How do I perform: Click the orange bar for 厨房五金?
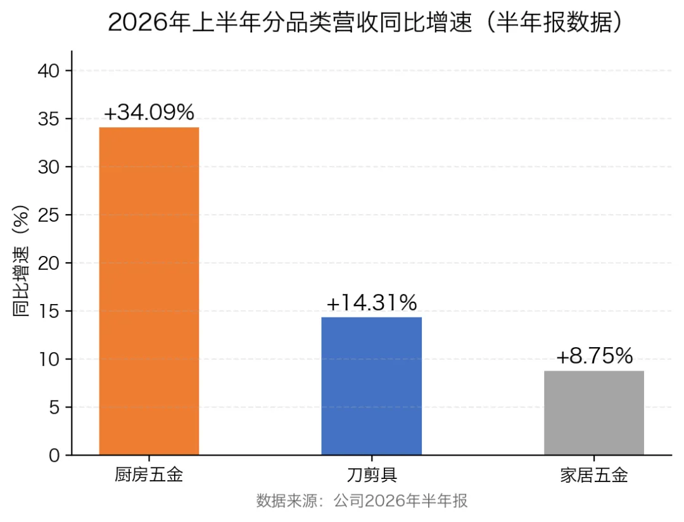[x=149, y=291]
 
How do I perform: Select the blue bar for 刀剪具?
[x=372, y=386]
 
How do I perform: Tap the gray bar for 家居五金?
[x=594, y=413]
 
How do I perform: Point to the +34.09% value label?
[x=149, y=112]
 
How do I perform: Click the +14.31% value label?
[x=372, y=302]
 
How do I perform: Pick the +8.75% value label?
[x=594, y=356]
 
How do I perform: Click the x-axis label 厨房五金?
[x=149, y=475]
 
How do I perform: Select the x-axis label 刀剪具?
[x=372, y=475]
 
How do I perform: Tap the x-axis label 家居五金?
[x=594, y=475]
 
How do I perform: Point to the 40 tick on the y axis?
[x=48, y=71]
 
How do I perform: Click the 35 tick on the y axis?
[x=48, y=118]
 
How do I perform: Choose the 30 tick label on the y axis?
[x=48, y=167]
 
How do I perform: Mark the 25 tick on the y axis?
[x=48, y=215]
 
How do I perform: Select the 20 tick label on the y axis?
[x=48, y=263]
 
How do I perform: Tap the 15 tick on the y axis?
[x=48, y=311]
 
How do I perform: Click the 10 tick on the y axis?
[x=48, y=359]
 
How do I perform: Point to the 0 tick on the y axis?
[x=54, y=455]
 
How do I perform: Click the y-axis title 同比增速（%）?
[x=20, y=260]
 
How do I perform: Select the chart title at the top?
[x=365, y=22]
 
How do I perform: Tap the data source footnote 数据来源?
[x=362, y=500]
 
